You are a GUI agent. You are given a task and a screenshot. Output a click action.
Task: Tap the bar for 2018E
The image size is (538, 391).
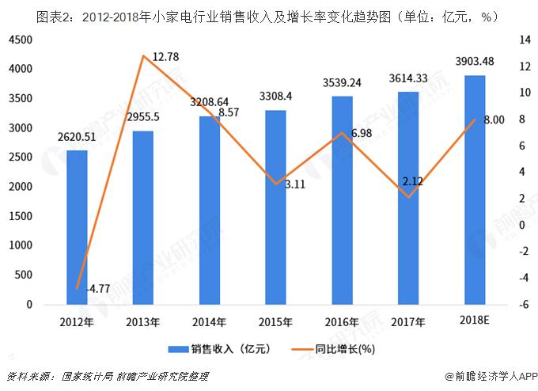474,190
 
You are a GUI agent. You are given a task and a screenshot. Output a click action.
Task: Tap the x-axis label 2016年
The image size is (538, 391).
342,322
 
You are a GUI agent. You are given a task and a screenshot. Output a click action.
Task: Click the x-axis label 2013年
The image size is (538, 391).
143,322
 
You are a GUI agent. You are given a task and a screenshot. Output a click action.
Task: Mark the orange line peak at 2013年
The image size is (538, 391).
143,56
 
